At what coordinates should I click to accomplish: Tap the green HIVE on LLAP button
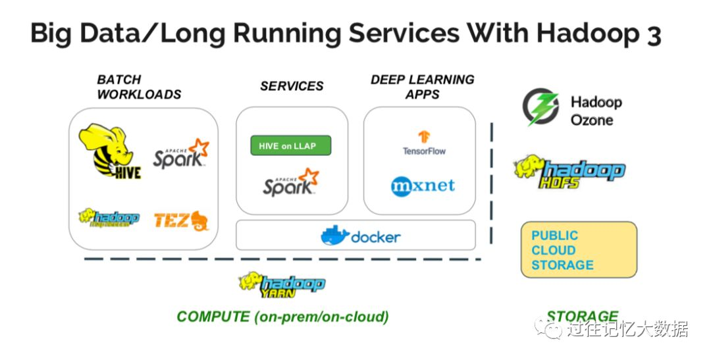(x=290, y=146)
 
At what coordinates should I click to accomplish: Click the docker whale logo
(x=334, y=236)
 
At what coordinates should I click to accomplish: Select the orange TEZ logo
(x=181, y=220)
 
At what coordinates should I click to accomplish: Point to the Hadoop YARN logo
(x=282, y=284)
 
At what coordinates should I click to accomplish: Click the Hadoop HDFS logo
(x=569, y=172)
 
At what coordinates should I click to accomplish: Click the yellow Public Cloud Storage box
(x=579, y=250)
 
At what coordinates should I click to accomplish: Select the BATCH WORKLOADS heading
(x=139, y=87)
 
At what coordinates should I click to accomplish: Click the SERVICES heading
(x=292, y=86)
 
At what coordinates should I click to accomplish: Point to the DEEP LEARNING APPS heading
(x=422, y=87)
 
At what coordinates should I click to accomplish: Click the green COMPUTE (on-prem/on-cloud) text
(x=282, y=317)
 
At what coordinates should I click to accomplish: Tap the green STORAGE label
(x=582, y=317)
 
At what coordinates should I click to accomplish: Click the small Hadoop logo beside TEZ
(x=109, y=218)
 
